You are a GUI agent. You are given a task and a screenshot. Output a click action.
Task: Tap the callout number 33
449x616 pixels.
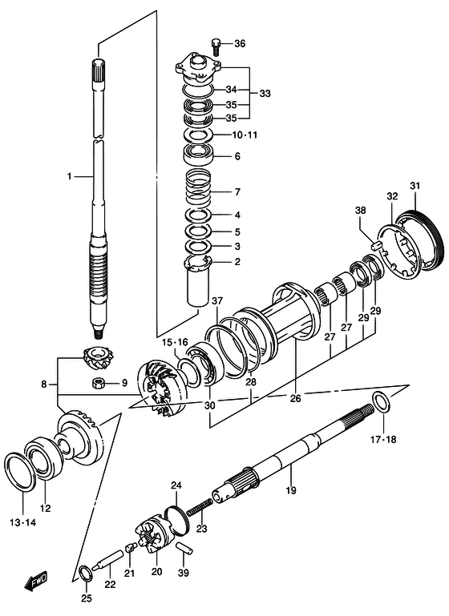pos(265,94)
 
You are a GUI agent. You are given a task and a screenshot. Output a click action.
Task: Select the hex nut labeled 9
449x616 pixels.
pos(97,383)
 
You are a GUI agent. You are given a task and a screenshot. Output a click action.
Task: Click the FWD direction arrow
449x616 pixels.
pos(35,580)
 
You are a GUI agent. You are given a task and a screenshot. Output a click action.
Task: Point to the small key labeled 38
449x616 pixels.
pos(376,246)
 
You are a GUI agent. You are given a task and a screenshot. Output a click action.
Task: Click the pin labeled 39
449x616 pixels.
pos(184,548)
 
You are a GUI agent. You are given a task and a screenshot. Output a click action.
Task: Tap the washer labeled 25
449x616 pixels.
pos(87,574)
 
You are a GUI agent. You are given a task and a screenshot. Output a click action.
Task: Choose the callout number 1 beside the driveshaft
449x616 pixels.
pos(69,177)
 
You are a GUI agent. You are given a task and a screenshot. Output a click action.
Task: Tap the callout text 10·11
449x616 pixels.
pos(245,135)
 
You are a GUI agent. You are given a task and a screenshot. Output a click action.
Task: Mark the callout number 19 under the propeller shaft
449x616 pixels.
pos(291,490)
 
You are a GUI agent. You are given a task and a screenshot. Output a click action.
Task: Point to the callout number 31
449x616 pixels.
pos(415,185)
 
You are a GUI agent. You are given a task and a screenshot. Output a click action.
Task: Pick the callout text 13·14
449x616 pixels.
pos(22,522)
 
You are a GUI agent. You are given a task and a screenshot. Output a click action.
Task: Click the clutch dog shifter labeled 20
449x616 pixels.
pos(152,534)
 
